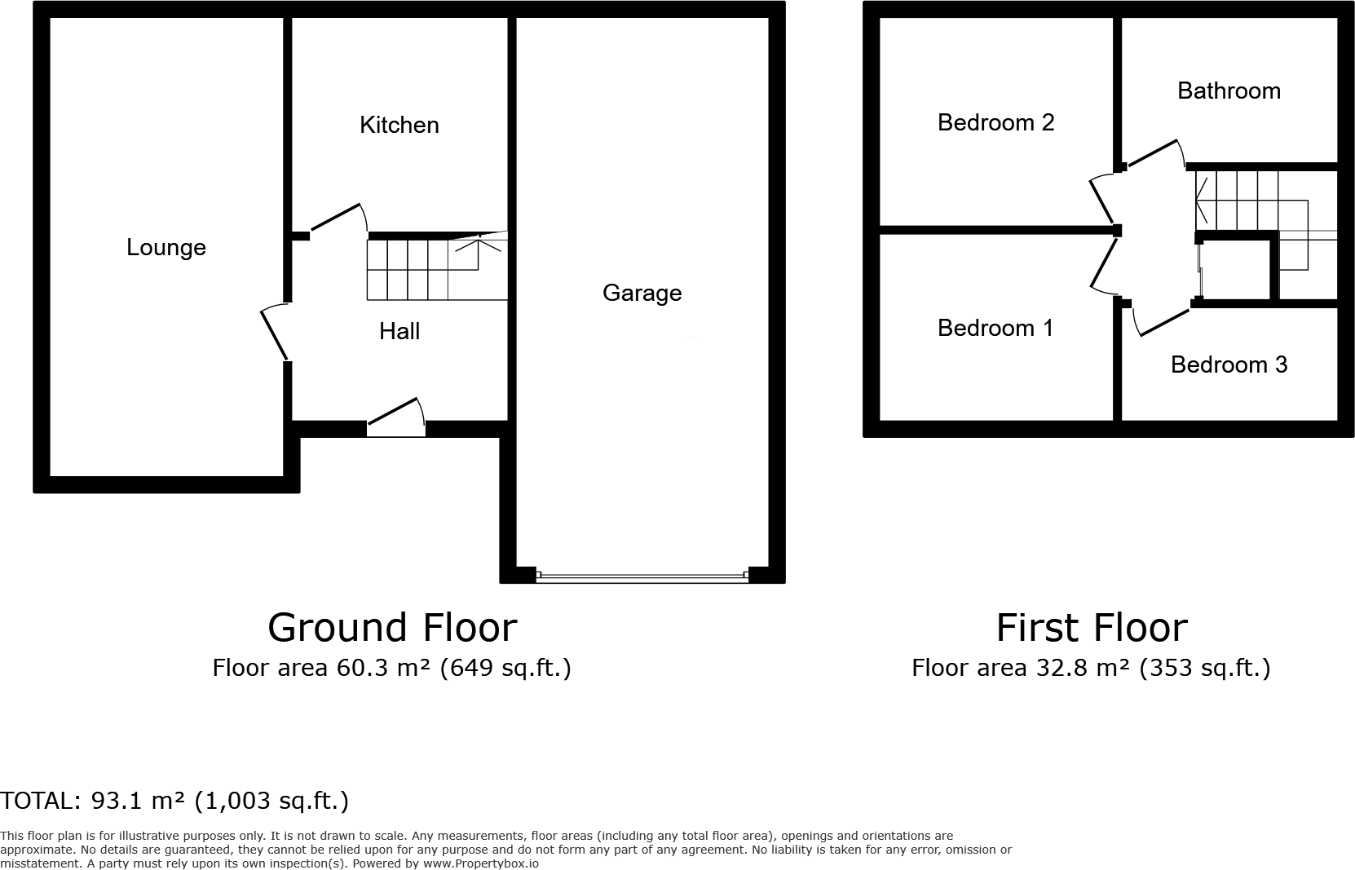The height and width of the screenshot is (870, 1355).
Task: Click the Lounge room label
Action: click(166, 248)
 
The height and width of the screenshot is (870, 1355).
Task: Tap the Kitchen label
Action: click(399, 125)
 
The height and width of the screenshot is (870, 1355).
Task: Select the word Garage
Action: click(642, 293)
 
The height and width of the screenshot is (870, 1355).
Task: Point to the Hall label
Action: click(399, 331)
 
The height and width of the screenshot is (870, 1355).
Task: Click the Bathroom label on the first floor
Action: click(1229, 91)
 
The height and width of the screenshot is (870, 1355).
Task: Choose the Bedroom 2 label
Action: click(995, 122)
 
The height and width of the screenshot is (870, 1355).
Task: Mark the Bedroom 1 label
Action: click(995, 328)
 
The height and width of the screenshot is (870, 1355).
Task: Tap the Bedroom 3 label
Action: click(1229, 364)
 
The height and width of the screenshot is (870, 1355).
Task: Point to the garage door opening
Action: click(642, 576)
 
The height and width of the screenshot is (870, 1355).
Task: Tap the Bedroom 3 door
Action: click(1163, 320)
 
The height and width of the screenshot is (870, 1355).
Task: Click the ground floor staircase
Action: click(436, 267)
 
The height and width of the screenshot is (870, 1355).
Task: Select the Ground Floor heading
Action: click(392, 628)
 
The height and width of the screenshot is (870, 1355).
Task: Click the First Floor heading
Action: click(1091, 628)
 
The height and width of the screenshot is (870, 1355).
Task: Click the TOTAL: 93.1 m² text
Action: click(174, 801)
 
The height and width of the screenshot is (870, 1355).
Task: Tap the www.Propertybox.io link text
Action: click(479, 863)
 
